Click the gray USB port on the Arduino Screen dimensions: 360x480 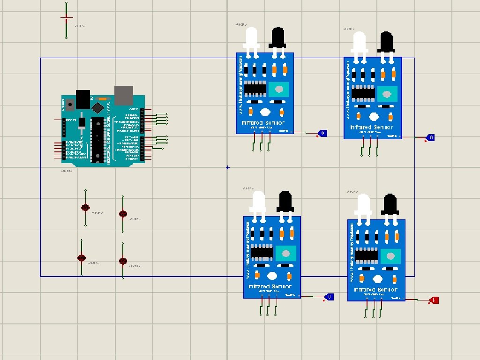[124, 95]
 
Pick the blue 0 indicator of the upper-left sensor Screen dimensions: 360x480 [322, 134]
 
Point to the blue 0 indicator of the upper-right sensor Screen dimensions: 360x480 [431, 138]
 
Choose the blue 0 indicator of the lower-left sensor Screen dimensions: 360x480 [330, 297]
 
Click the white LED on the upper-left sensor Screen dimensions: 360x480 [251, 37]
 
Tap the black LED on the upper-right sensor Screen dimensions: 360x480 [386, 42]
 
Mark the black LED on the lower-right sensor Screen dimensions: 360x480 [390, 205]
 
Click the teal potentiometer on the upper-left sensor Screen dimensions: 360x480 [279, 89]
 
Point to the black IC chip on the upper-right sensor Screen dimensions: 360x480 [363, 93]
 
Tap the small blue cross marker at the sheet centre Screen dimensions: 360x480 [228, 167]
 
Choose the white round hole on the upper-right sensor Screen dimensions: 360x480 [374, 117]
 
